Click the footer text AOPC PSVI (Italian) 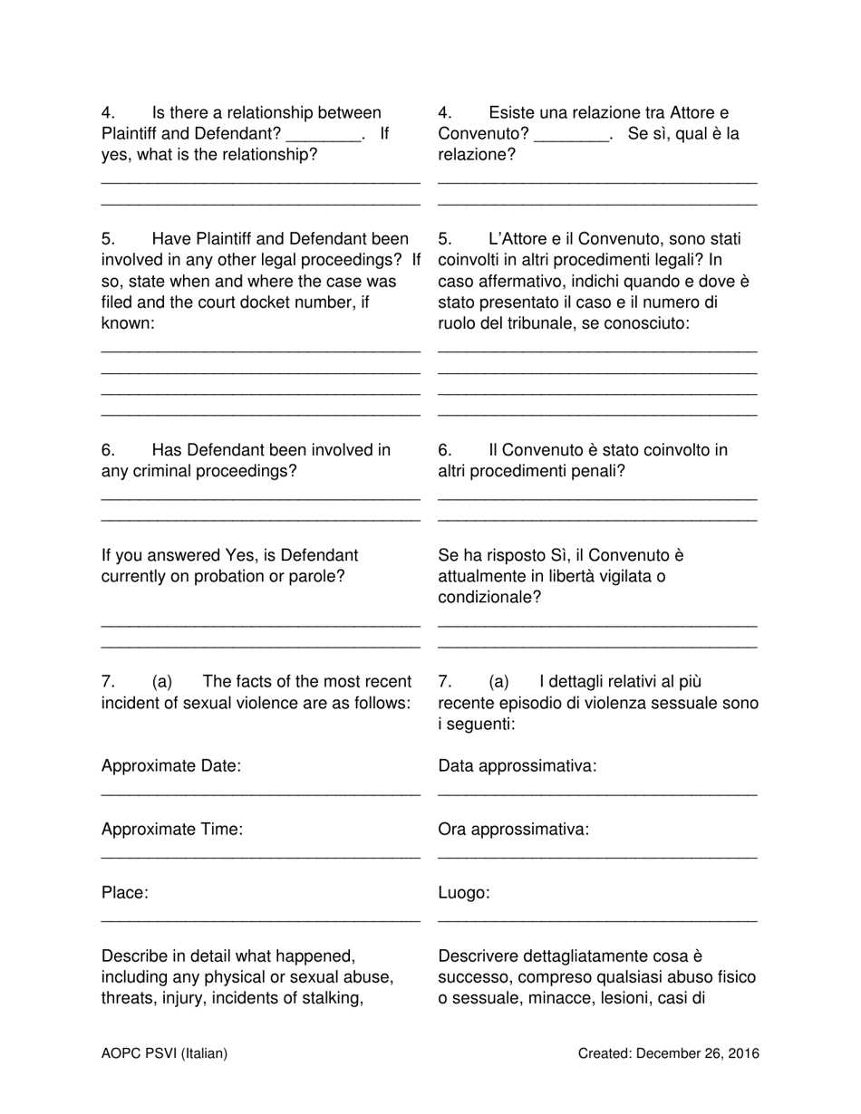(x=164, y=1053)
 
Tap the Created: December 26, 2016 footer (x=669, y=1053)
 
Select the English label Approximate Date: (x=171, y=766)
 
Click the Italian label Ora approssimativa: (x=513, y=830)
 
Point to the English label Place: (x=125, y=893)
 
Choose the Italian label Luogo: (x=464, y=893)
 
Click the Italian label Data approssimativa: (x=518, y=766)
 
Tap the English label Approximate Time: (x=172, y=830)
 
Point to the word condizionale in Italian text (x=486, y=598)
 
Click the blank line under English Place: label (x=260, y=920)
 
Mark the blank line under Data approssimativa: (x=597, y=793)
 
